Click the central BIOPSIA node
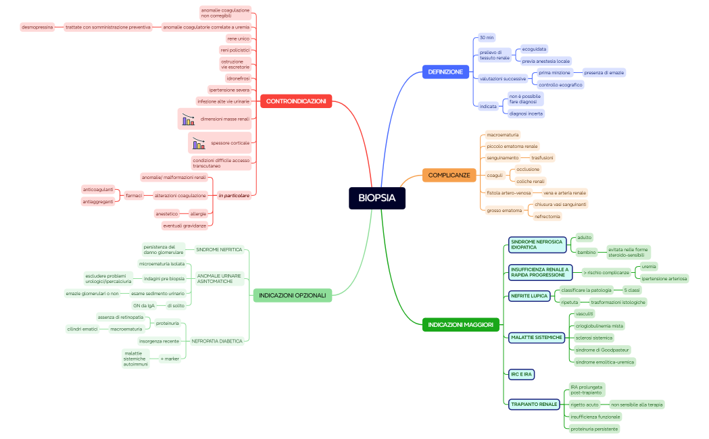click(376, 198)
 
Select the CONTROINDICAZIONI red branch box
click(295, 101)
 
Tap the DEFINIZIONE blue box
click(445, 72)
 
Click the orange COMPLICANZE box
click(449, 175)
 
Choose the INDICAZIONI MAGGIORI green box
click(460, 325)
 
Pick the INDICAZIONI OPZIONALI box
click(292, 295)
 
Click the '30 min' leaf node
click(487, 37)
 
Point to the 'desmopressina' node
click(37, 27)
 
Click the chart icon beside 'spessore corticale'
click(198, 143)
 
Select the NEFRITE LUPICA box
click(529, 296)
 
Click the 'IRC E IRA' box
click(521, 373)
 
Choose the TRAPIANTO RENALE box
click(534, 404)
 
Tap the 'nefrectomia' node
click(547, 216)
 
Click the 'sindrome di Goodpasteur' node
click(602, 350)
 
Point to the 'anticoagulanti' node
click(98, 190)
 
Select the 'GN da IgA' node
click(144, 305)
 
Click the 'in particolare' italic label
click(234, 195)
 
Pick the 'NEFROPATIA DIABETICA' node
click(217, 341)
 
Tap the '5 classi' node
click(631, 290)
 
